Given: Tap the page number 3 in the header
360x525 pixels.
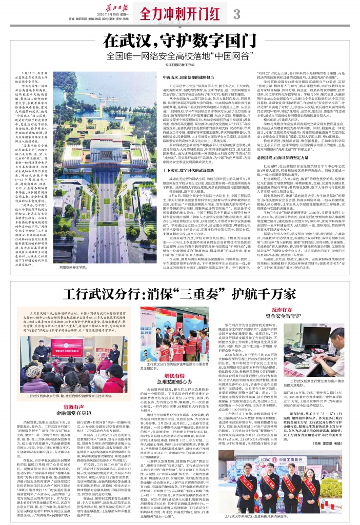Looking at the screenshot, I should [x=236, y=15].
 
